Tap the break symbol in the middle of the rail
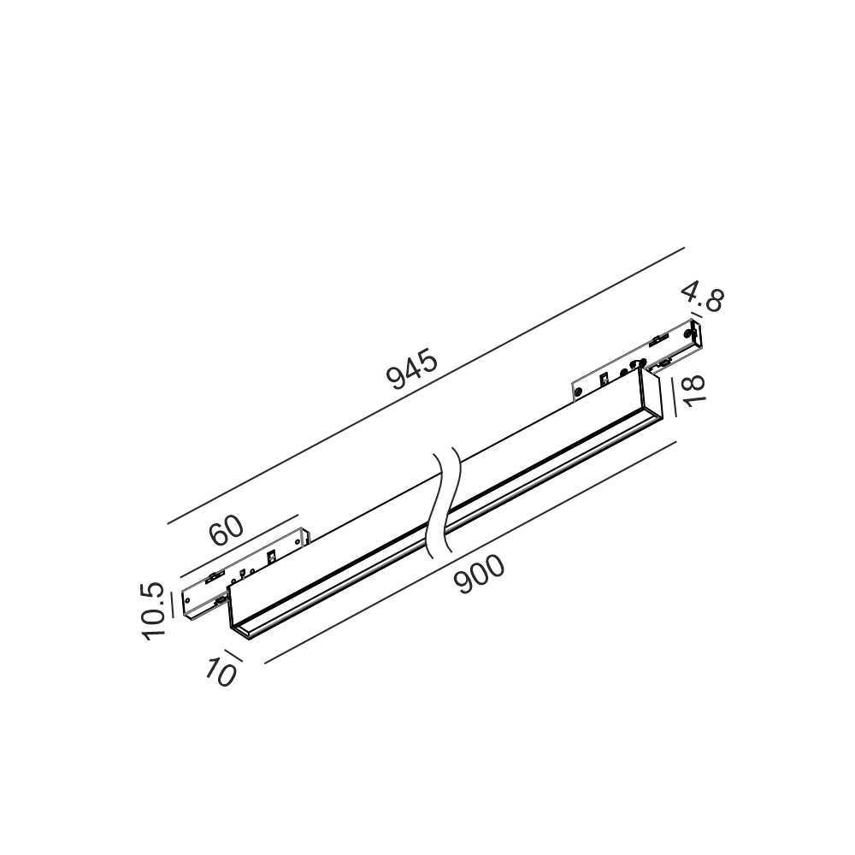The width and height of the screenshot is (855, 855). click(445, 504)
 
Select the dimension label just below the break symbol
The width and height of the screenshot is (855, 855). click(480, 573)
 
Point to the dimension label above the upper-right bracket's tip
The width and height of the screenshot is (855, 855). click(707, 299)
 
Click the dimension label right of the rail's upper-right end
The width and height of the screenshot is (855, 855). click(689, 389)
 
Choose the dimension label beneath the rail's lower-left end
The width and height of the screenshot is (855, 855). click(222, 668)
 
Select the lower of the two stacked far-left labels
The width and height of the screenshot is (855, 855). click(152, 622)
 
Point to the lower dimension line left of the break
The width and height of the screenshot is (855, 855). click(342, 620)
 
